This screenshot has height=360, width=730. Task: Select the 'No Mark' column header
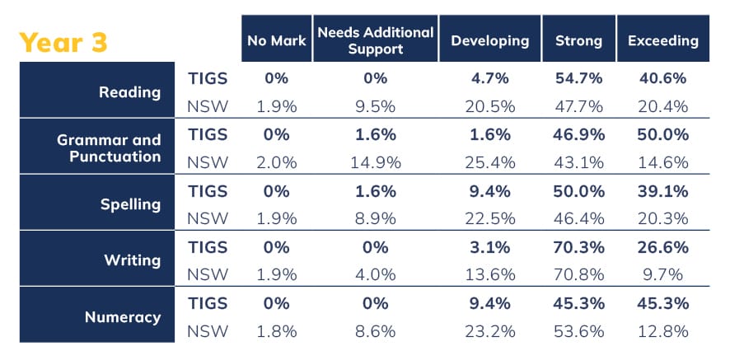click(x=276, y=40)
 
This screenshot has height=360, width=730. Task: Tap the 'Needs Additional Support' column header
click(x=375, y=40)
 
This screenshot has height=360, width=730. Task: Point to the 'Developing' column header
click(x=490, y=40)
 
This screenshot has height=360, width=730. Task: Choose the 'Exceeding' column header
click(x=662, y=40)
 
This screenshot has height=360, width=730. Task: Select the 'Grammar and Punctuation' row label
click(x=109, y=147)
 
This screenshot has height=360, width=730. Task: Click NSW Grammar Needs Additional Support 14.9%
click(x=375, y=161)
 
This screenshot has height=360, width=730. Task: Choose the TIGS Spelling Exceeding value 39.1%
click(x=662, y=191)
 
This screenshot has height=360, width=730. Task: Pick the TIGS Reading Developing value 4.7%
click(x=490, y=79)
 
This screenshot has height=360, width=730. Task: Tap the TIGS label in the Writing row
click(x=208, y=247)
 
